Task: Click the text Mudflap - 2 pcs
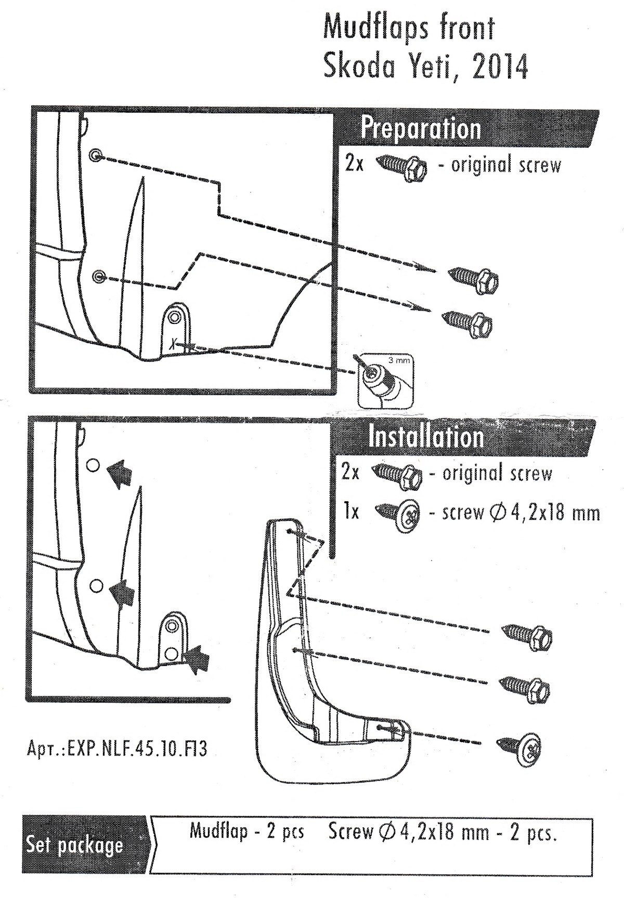(x=246, y=831)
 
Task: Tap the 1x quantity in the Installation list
(x=352, y=512)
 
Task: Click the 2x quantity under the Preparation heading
(x=354, y=164)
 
